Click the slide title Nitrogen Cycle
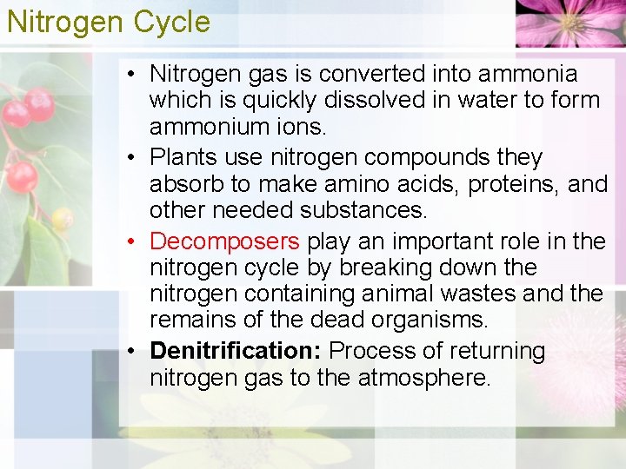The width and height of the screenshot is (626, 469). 108,21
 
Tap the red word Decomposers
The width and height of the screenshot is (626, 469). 225,241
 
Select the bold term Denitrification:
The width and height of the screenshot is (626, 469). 236,351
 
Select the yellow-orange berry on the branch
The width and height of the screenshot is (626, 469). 61,218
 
